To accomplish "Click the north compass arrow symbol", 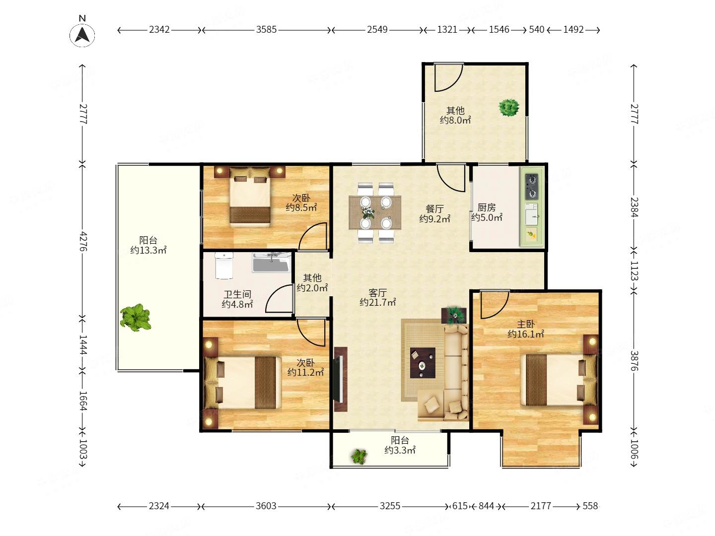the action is coord(82,35).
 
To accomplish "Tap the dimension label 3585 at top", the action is coord(266,30).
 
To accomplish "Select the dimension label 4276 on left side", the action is coord(83,241).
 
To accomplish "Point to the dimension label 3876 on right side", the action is coord(634,361).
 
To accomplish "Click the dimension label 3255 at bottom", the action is coord(390,506).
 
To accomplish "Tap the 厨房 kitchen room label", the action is coord(486,207).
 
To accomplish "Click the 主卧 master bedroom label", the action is coord(526,324).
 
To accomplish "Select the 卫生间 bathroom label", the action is coord(237,294).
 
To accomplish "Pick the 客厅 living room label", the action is coord(377,293).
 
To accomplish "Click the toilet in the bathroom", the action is coord(224,266).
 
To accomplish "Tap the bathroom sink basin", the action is coord(271,263).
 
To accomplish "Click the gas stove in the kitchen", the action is coord(531,187).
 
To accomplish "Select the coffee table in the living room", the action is coord(423,362).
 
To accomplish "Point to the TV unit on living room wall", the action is coord(341,379).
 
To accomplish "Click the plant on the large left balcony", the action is coord(136,317).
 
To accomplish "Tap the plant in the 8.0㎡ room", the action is coord(509,107).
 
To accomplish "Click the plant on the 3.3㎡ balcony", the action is coord(359,456).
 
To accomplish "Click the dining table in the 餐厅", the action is coord(374,212).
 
